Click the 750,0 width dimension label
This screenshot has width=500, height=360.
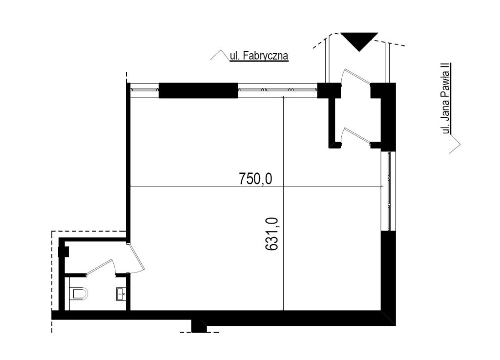(255, 179)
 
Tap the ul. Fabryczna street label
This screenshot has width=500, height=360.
(259, 56)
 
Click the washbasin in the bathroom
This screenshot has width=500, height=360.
(121, 294)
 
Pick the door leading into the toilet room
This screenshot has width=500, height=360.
(101, 267)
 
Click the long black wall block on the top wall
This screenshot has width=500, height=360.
(198, 90)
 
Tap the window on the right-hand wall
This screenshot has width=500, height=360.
(389, 191)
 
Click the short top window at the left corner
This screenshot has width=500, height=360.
(145, 90)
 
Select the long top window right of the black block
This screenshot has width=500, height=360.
(278, 90)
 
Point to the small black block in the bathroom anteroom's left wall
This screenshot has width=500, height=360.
(64, 252)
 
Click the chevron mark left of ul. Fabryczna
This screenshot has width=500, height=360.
(220, 55)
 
